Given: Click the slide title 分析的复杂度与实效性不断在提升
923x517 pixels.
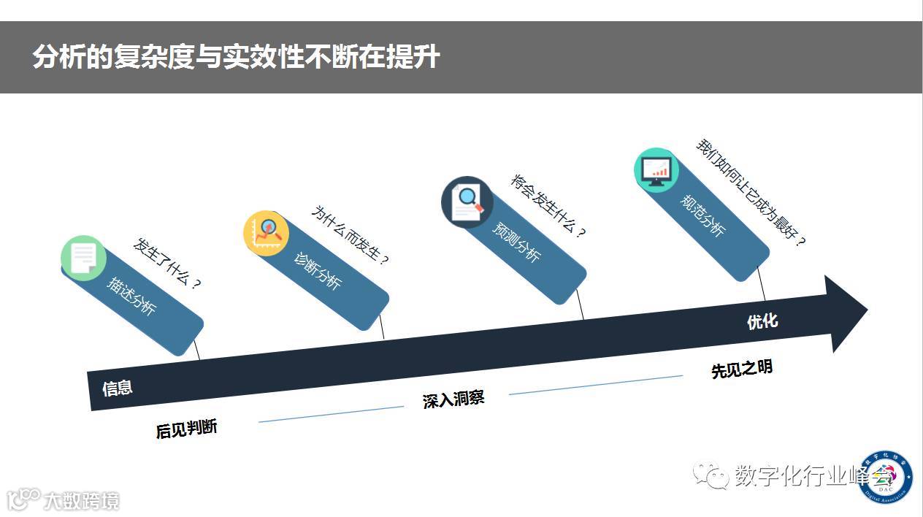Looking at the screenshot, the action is click(236, 57).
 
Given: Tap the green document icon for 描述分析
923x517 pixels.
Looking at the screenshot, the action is click(83, 258).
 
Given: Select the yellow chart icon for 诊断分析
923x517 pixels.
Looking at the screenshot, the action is click(266, 233).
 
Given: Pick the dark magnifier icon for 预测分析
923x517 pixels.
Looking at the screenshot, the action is click(467, 202).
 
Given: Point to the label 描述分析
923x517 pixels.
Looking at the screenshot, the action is click(131, 296).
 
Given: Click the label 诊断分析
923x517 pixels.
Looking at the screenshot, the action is click(317, 270).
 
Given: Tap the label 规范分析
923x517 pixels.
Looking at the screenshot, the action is click(704, 215).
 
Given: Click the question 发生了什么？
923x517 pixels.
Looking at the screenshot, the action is click(166, 262).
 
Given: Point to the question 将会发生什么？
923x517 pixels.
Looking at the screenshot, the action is click(548, 206).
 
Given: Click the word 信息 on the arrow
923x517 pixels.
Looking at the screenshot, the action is click(118, 388).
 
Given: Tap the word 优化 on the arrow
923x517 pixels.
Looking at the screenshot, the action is click(762, 321).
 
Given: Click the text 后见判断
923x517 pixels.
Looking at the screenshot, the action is click(186, 429).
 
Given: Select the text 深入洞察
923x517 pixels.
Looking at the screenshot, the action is click(453, 399).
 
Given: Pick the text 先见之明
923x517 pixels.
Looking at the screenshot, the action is click(741, 369).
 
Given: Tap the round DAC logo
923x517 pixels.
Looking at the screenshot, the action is click(885, 476).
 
